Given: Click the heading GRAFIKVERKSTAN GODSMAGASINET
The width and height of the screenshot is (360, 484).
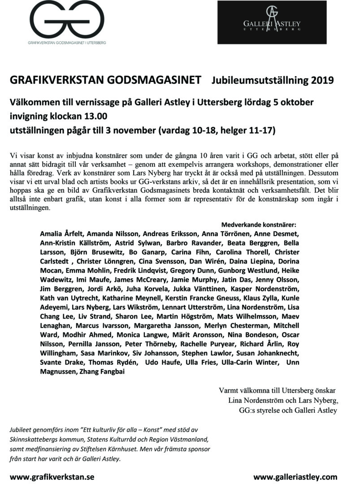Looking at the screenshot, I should click(x=105, y=81).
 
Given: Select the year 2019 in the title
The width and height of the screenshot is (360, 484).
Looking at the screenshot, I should click(x=321, y=81).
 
